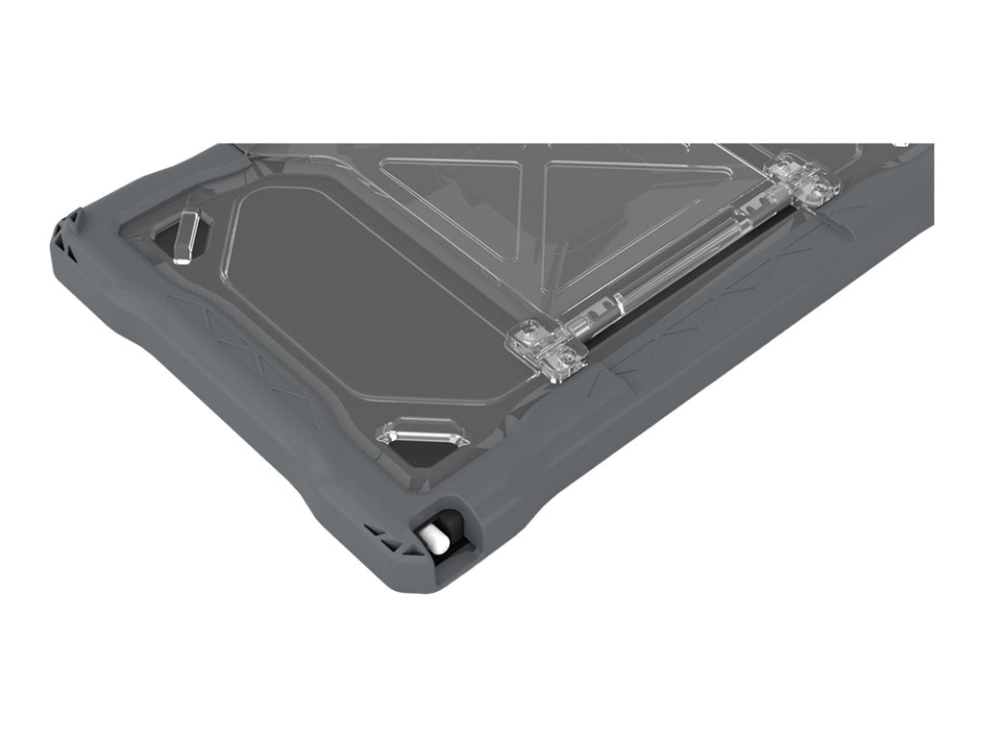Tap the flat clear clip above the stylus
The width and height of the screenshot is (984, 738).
[x=423, y=433]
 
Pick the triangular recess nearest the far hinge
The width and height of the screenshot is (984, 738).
[x=634, y=192]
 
